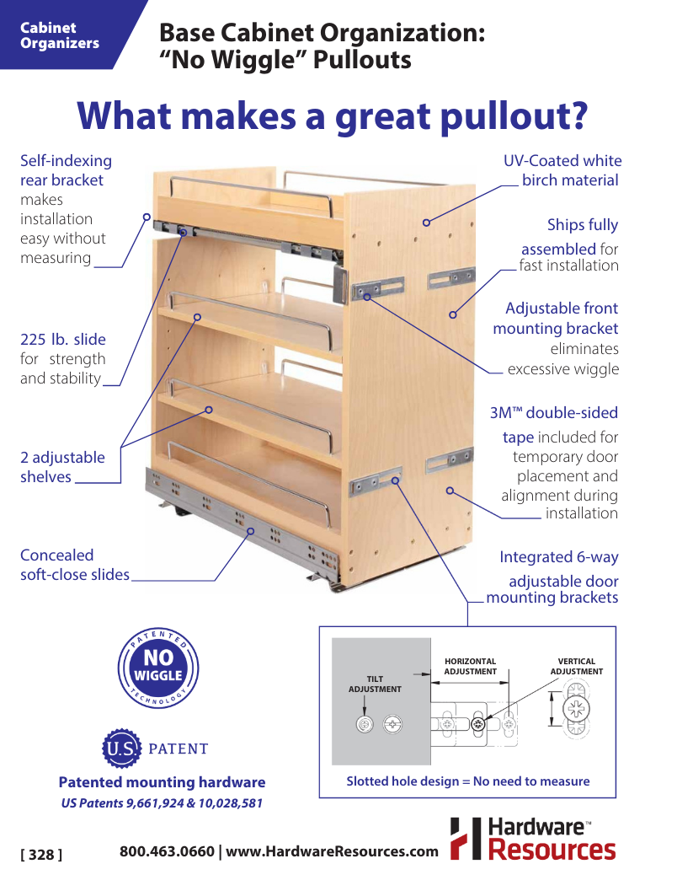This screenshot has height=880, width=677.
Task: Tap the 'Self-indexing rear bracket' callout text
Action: tap(66, 170)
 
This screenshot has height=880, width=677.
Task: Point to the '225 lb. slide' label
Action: tap(63, 340)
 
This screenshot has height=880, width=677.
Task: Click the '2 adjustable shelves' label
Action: tap(62, 467)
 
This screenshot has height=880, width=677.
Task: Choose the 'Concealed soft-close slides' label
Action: tap(74, 565)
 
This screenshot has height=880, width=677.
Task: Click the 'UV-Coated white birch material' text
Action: tap(562, 170)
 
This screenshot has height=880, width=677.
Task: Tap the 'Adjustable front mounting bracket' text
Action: tap(557, 319)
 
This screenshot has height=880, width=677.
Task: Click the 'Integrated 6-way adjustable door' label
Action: tap(559, 569)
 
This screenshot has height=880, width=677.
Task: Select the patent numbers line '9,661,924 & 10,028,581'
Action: tap(162, 803)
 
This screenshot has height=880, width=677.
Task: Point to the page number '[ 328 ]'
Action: tap(41, 855)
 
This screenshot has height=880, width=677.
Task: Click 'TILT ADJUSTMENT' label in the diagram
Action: tap(375, 684)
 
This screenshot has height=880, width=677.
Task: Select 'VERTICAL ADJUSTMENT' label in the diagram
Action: tap(577, 667)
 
